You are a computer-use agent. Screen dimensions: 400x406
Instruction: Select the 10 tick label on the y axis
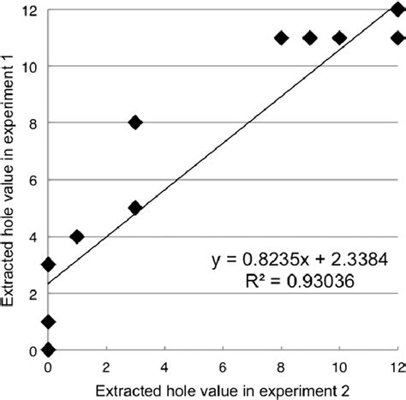[x=30, y=66]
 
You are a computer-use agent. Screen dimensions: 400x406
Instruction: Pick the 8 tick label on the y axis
[x=33, y=122]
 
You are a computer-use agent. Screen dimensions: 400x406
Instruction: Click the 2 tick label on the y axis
[x=33, y=294]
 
